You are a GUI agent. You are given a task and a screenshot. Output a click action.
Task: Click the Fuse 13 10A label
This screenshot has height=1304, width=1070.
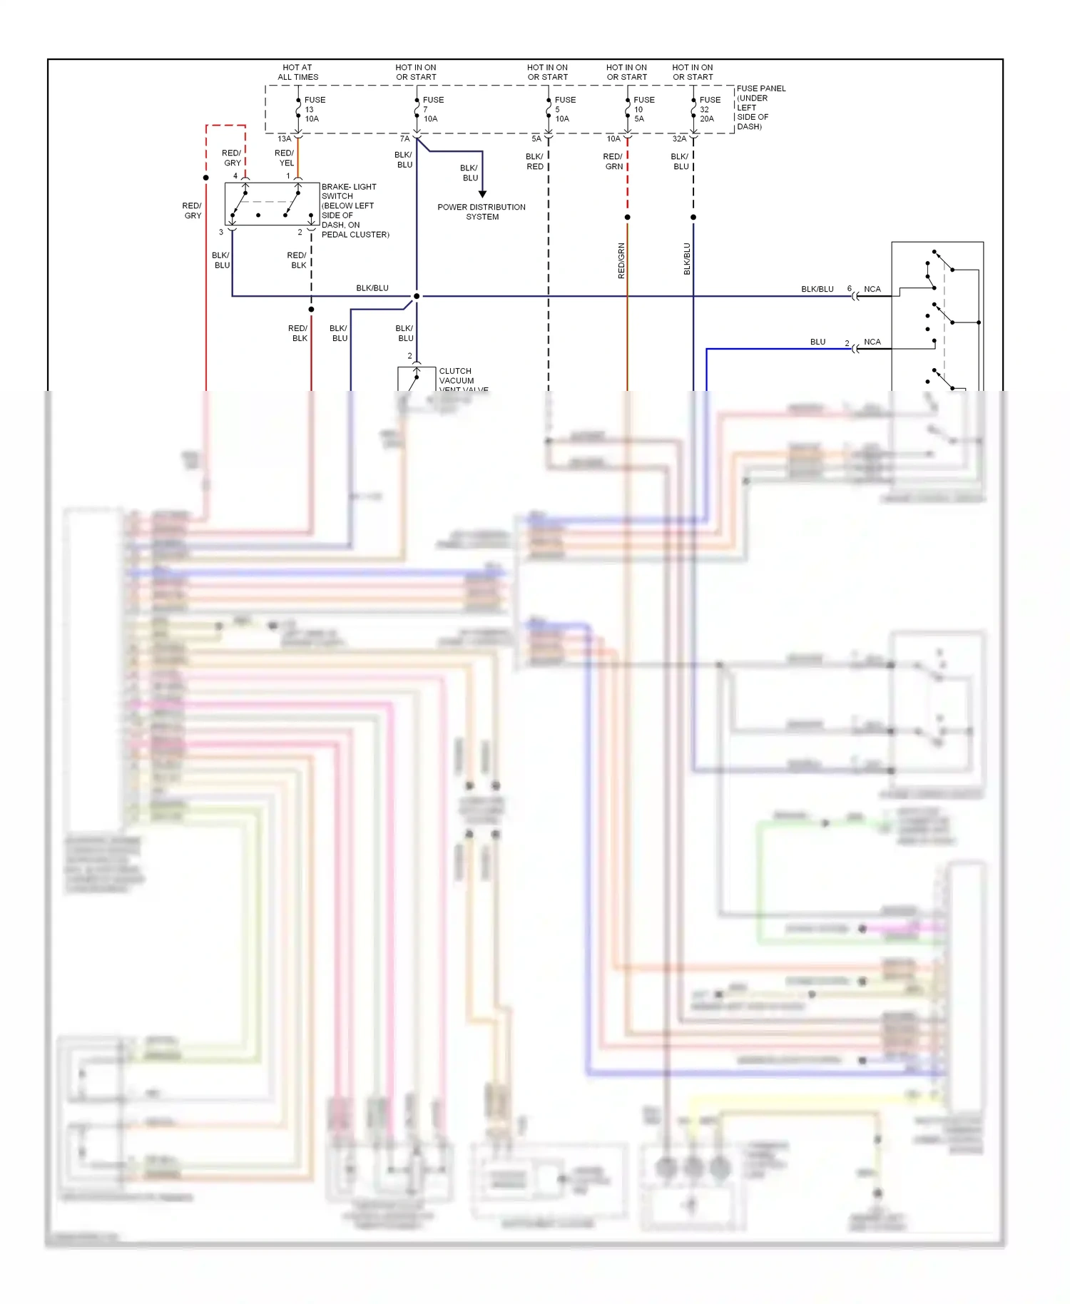pos(314,109)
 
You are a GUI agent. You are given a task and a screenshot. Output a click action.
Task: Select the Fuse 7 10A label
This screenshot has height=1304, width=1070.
pos(432,109)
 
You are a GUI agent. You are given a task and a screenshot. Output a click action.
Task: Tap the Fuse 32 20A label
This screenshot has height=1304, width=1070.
pos(709,109)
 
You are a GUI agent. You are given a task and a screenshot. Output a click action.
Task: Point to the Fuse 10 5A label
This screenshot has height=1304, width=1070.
pos(643,109)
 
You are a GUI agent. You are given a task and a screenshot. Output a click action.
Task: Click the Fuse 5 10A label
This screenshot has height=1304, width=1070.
pos(564,109)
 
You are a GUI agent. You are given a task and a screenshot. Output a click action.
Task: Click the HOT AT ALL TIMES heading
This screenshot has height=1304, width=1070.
pos(297,72)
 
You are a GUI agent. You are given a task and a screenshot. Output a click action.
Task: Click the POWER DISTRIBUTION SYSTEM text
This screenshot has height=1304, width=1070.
pos(481,212)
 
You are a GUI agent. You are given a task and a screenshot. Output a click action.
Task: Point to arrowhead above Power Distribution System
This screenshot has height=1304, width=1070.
pos(482,194)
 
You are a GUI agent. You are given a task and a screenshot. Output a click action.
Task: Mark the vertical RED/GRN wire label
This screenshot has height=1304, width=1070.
pos(621,260)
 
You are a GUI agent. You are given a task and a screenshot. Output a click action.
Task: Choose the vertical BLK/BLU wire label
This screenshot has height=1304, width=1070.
pos(687,258)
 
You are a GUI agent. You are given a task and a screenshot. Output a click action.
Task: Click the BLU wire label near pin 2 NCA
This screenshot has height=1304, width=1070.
pos(817,342)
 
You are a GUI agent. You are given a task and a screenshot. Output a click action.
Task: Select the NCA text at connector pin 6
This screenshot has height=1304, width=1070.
pos(872,289)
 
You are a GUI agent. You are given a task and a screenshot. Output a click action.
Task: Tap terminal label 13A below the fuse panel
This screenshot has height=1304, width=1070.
pos(284,138)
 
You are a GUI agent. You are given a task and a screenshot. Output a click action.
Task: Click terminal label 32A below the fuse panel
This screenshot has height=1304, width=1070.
pos(679,138)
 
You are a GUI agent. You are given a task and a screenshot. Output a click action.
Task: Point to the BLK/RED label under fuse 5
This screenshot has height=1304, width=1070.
pos(534,161)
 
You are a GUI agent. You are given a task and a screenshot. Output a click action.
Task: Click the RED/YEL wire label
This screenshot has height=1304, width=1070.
pos(285,158)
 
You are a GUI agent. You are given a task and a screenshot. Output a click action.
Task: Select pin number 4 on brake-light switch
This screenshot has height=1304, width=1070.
pos(235,175)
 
